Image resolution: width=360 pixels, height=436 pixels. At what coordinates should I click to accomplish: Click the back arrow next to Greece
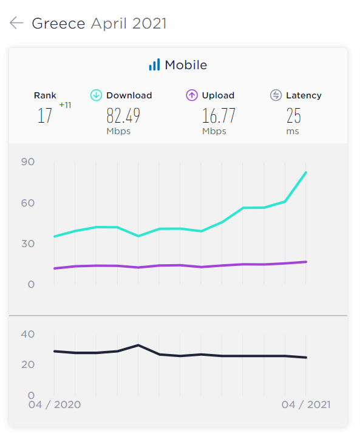[16, 23]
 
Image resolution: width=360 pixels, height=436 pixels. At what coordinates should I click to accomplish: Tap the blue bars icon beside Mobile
[154, 65]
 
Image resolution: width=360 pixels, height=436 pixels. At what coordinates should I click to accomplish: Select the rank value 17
[45, 115]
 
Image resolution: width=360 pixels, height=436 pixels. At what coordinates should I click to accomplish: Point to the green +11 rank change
[65, 105]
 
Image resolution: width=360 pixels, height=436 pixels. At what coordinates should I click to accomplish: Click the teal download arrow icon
[96, 95]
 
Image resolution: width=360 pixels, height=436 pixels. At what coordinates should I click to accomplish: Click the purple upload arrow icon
[192, 95]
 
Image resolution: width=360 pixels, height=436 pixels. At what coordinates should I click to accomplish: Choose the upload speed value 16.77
[219, 115]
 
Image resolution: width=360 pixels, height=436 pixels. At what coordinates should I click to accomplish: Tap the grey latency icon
[276, 95]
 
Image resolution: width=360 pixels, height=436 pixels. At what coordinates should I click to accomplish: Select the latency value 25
[294, 115]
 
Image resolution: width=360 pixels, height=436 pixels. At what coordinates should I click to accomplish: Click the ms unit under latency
[293, 131]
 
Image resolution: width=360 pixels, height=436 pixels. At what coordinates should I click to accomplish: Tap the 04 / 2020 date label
[55, 404]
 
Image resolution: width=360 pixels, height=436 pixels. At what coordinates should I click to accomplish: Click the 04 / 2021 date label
[306, 404]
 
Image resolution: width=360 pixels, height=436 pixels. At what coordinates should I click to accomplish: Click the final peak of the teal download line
[306, 172]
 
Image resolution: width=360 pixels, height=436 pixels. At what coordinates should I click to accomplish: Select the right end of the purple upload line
[306, 262]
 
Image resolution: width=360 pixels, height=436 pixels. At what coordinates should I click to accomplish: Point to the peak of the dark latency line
[138, 345]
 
